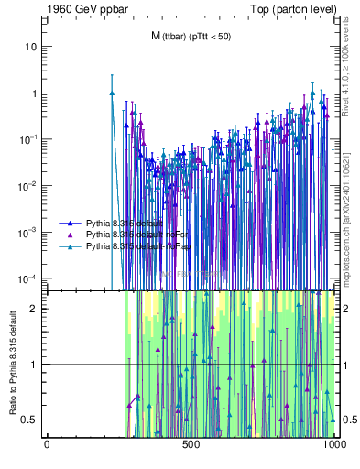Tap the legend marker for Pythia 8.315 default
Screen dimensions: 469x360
(x=70, y=223)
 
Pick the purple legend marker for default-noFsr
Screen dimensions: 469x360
(x=70, y=234)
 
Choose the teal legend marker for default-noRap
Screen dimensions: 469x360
(x=70, y=246)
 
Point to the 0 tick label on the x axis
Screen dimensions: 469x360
(x=47, y=444)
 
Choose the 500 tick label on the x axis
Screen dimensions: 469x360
(x=191, y=444)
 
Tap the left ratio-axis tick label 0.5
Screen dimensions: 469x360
(x=30, y=420)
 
